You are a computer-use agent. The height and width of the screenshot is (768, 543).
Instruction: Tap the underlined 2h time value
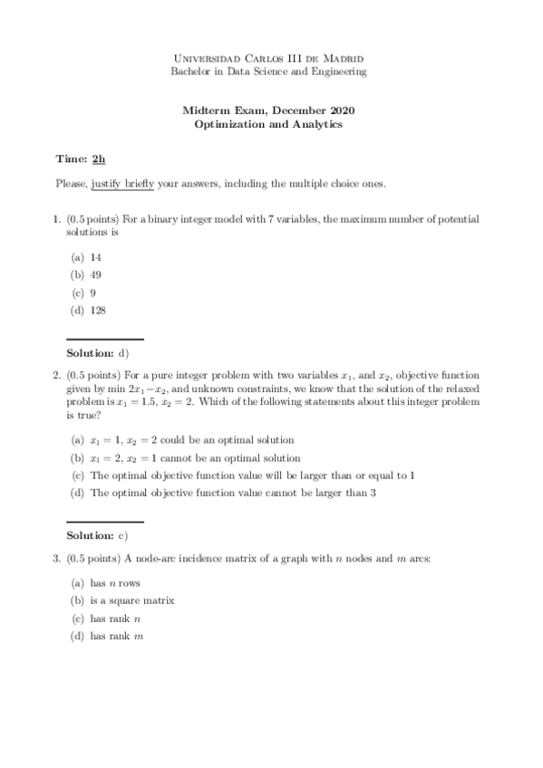point(99,158)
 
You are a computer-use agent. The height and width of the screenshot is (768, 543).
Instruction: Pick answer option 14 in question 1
point(95,257)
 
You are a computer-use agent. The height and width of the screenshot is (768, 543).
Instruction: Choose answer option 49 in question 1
point(95,275)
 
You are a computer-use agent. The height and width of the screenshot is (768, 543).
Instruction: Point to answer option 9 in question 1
point(93,293)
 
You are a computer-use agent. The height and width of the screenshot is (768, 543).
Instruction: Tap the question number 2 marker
point(56,374)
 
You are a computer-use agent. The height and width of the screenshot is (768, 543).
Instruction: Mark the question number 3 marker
point(56,559)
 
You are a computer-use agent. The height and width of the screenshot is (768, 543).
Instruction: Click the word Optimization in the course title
point(228,124)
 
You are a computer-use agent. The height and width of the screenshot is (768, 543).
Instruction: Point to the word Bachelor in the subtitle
point(189,71)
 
